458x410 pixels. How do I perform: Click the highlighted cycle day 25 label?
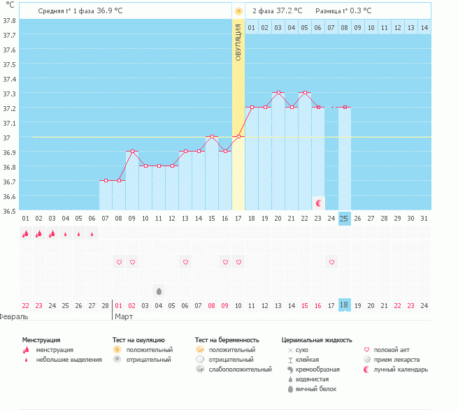coord(344,219)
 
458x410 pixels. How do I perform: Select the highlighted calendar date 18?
coord(344,305)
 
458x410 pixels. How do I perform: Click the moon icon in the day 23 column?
coord(319,203)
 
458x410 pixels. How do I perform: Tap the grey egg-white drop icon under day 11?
coord(159,291)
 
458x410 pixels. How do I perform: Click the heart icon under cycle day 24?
coord(331,262)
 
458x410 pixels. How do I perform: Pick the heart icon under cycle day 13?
coord(185,262)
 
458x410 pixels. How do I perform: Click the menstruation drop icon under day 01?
coord(26,234)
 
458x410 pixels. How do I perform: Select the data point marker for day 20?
coord(278,92)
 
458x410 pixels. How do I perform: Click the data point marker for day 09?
coord(132,151)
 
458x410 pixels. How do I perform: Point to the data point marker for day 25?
coord(344,108)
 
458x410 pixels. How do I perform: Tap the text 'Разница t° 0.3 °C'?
coord(343,10)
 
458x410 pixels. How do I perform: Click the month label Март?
coord(123,316)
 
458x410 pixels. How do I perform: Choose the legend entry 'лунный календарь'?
coord(400,369)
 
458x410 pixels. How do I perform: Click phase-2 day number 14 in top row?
coord(424,27)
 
